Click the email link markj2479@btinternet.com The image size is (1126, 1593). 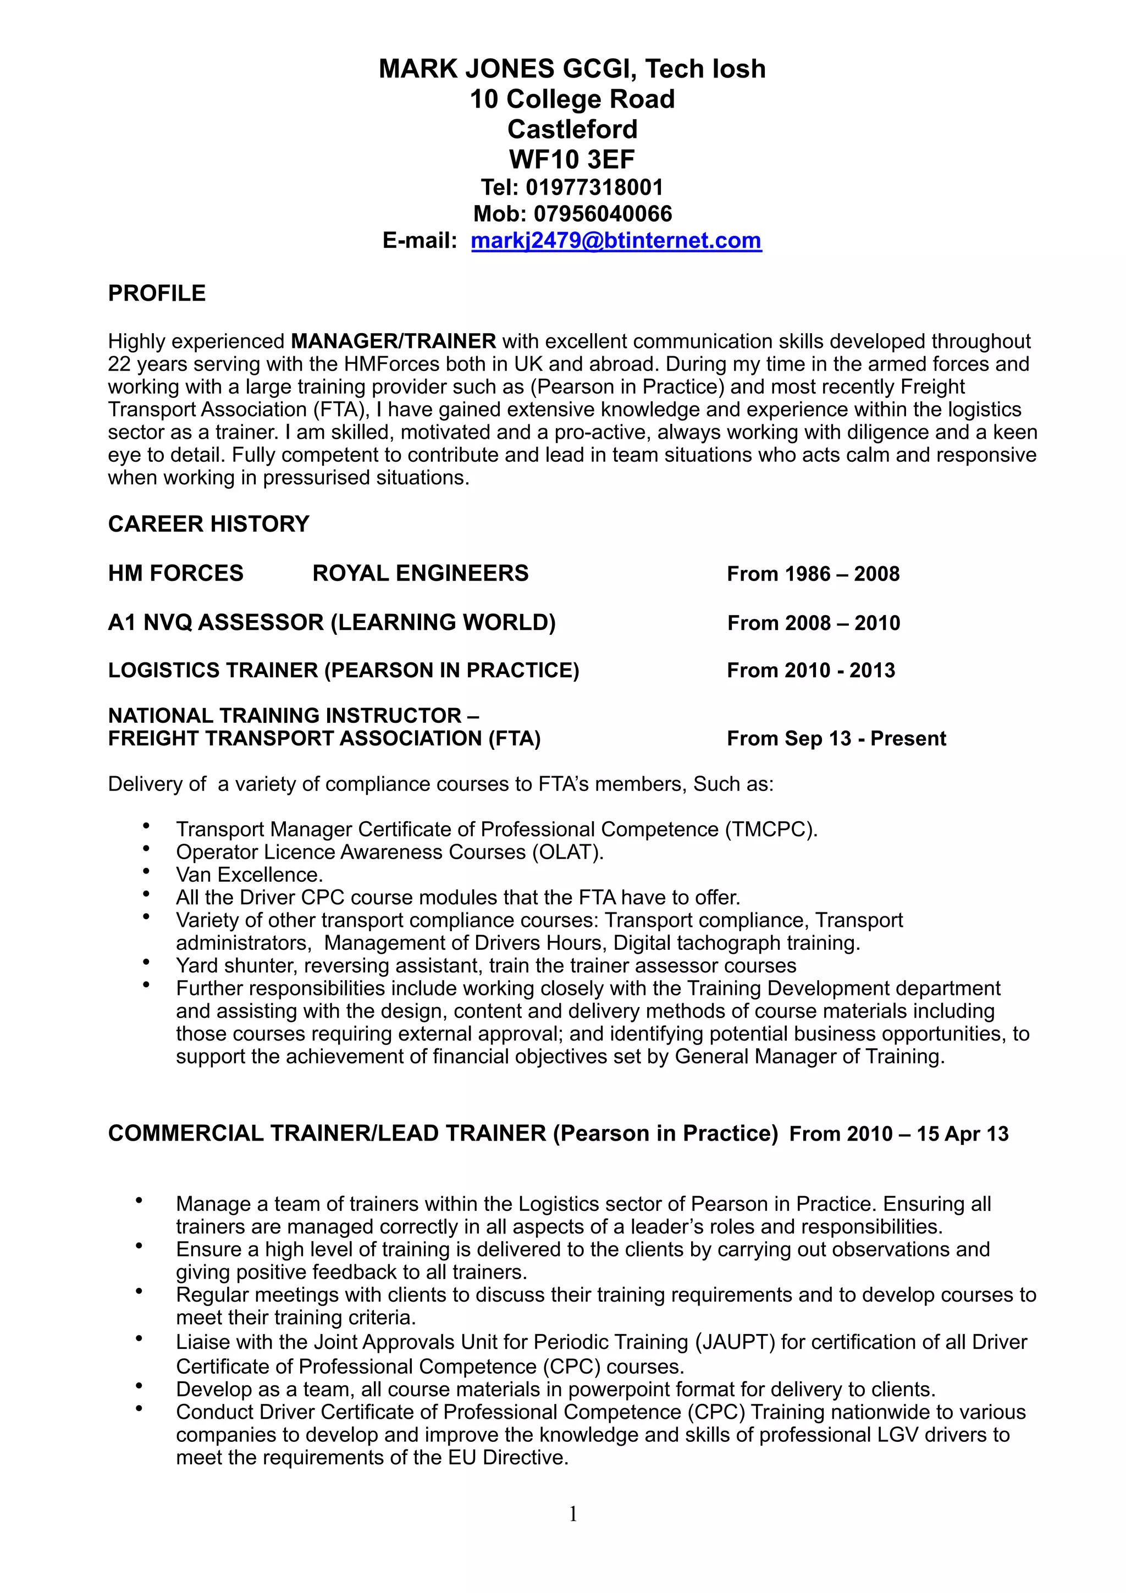pyautogui.click(x=616, y=241)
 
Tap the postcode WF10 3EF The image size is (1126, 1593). pyautogui.click(x=572, y=159)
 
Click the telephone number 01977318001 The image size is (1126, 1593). pyautogui.click(x=594, y=187)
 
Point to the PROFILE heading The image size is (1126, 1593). pyautogui.click(x=157, y=294)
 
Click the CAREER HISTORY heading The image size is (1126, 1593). pyautogui.click(x=208, y=524)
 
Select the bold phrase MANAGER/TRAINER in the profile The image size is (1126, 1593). pyautogui.click(x=393, y=341)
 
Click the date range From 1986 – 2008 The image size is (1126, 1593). pyautogui.click(x=813, y=574)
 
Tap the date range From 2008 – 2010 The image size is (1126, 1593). pyautogui.click(x=813, y=623)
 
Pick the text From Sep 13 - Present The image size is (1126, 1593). pyautogui.click(x=836, y=738)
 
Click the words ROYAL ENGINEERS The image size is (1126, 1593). pyautogui.click(x=421, y=573)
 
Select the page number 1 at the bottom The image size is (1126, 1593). pyautogui.click(x=573, y=1514)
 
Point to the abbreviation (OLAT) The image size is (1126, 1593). pyautogui.click(x=567, y=852)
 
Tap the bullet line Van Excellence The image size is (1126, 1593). pyautogui.click(x=250, y=875)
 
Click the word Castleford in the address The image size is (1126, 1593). pyautogui.click(x=572, y=129)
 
